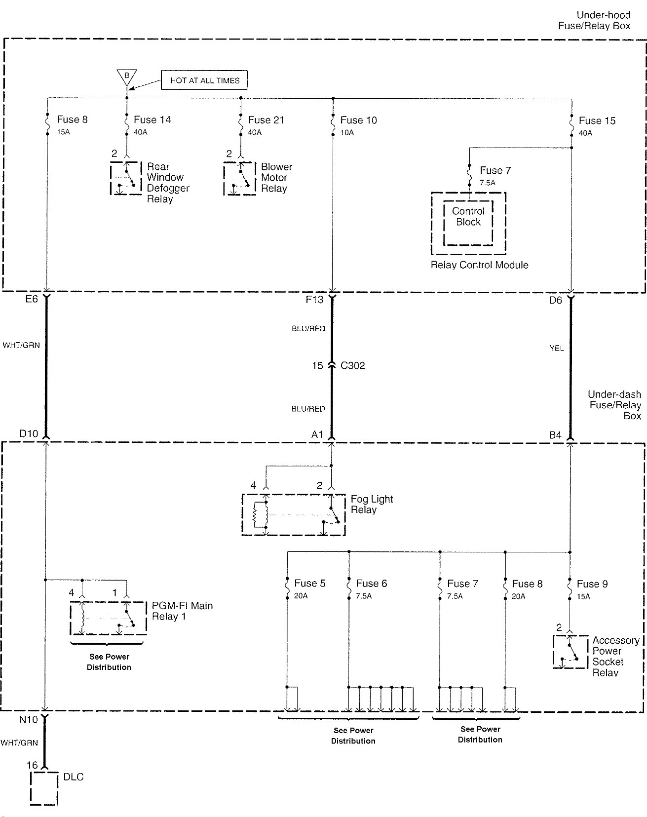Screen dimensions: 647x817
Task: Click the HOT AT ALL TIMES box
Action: [204, 80]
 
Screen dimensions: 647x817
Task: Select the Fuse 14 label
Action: [152, 119]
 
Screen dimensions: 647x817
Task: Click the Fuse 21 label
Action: [266, 120]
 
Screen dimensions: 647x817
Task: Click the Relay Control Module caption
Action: [479, 265]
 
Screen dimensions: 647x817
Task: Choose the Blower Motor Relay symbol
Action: [240, 178]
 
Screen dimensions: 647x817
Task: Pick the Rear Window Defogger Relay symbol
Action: [126, 178]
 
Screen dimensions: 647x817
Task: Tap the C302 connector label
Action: [353, 366]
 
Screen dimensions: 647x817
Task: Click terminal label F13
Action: [314, 299]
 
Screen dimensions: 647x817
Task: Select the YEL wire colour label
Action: [557, 348]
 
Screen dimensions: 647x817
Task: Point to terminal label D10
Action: [29, 433]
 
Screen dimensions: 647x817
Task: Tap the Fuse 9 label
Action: [592, 584]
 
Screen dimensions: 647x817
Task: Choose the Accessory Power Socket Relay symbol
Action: [571, 652]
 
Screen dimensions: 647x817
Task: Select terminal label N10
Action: [29, 720]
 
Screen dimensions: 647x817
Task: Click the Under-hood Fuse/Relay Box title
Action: [594, 21]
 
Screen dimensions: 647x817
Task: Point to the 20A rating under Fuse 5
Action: [301, 596]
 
